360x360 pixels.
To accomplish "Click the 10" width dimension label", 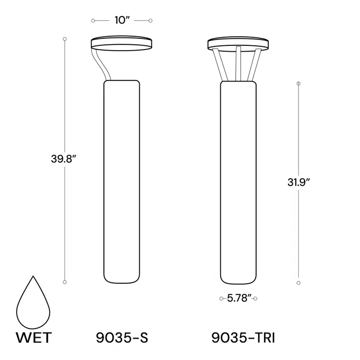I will click(122, 20).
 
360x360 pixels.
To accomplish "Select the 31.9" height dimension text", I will click(298, 181).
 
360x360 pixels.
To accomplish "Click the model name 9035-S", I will click(121, 337).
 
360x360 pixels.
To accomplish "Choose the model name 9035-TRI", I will click(243, 337).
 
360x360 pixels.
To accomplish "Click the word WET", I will click(34, 337).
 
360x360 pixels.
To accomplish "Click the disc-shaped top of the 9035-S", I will click(122, 43).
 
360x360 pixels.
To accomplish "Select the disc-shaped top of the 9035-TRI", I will click(238, 43).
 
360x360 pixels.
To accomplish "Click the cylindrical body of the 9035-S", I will click(121, 181).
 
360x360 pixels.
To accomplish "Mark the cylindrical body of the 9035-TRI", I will click(238, 181).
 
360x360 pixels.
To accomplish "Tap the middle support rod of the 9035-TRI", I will click(238, 64).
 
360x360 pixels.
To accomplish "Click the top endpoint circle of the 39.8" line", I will click(65, 38).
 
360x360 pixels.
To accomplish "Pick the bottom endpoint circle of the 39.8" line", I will click(65, 282).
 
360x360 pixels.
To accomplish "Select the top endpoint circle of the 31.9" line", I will click(298, 83).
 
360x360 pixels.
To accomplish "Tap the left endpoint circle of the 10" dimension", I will click(93, 21).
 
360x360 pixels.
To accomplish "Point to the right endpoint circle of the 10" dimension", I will click(151, 21).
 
